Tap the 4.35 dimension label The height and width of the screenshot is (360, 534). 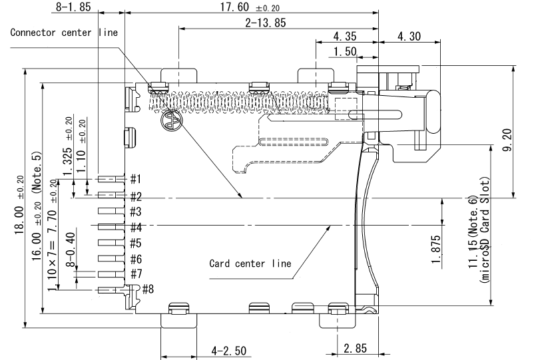tap(344, 35)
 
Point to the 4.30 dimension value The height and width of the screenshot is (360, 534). tap(409, 35)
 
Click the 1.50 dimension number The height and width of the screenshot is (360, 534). tap(345, 51)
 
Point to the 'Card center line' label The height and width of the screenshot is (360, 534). tap(250, 263)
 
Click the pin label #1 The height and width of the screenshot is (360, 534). tap(135, 179)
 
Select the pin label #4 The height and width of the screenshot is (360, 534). tap(135, 227)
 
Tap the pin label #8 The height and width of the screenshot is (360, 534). tap(148, 289)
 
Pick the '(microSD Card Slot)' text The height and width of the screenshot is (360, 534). tap(484, 230)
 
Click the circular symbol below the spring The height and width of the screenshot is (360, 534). tap(171, 120)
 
